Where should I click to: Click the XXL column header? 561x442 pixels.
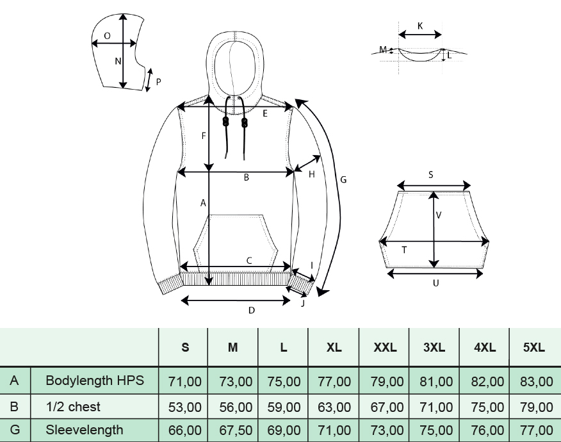point(385,347)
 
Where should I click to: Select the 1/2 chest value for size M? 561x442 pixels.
point(236,407)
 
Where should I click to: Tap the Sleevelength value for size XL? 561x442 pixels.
point(334,430)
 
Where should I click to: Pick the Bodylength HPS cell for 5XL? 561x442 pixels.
point(536,382)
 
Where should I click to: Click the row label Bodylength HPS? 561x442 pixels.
point(95,380)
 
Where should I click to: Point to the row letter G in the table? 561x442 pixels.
point(15,429)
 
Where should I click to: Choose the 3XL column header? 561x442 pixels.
point(434,347)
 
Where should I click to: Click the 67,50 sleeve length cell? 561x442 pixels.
point(236,430)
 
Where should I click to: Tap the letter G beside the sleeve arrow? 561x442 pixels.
point(343,179)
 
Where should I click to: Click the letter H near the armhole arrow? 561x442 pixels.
point(312,174)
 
